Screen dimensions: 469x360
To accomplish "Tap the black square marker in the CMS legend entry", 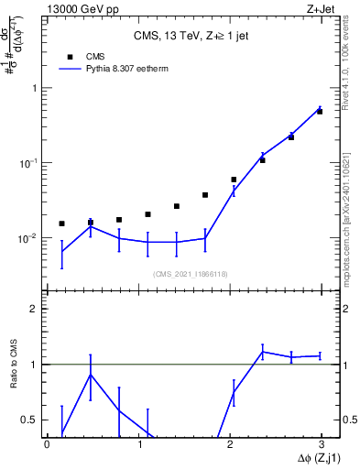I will click(x=71, y=57).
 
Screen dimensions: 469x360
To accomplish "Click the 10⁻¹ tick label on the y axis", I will click(x=29, y=163).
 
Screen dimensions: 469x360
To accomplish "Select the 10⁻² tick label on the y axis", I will click(x=29, y=238).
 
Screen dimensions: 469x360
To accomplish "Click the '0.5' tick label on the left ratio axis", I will click(x=30, y=420).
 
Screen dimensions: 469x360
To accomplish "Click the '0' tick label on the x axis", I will click(x=47, y=443).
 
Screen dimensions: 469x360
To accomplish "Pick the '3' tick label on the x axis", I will click(x=322, y=443).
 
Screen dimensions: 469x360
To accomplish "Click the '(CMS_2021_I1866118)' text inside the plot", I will click(x=191, y=274).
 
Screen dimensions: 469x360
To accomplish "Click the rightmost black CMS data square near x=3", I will click(x=320, y=112).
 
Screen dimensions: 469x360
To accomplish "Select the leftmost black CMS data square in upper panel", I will click(x=61, y=224).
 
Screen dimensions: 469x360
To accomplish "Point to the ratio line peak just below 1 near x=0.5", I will click(x=90, y=374).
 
